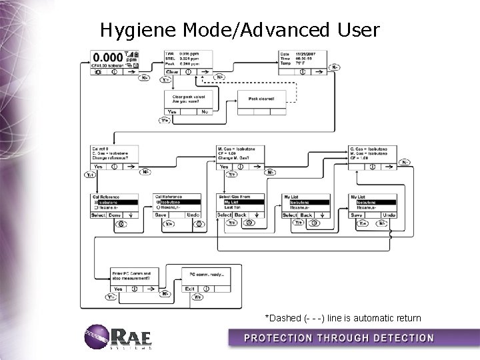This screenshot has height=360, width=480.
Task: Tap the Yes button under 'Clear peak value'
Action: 173,112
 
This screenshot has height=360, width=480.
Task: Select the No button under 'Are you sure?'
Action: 204,112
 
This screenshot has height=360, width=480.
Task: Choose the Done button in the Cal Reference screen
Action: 115,215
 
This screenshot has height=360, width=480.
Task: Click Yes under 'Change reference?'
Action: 99,166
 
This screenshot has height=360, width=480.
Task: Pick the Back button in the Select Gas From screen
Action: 241,215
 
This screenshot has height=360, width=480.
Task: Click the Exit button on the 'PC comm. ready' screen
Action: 190,289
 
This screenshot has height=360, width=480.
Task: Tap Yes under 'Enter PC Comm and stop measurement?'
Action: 119,289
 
